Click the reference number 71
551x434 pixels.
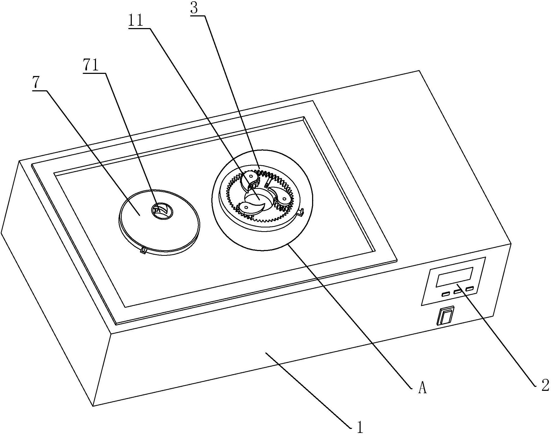point(91,65)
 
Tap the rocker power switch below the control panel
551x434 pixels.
point(445,315)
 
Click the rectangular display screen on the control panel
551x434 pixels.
point(454,277)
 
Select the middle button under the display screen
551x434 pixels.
point(457,292)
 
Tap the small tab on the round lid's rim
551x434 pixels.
point(143,250)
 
